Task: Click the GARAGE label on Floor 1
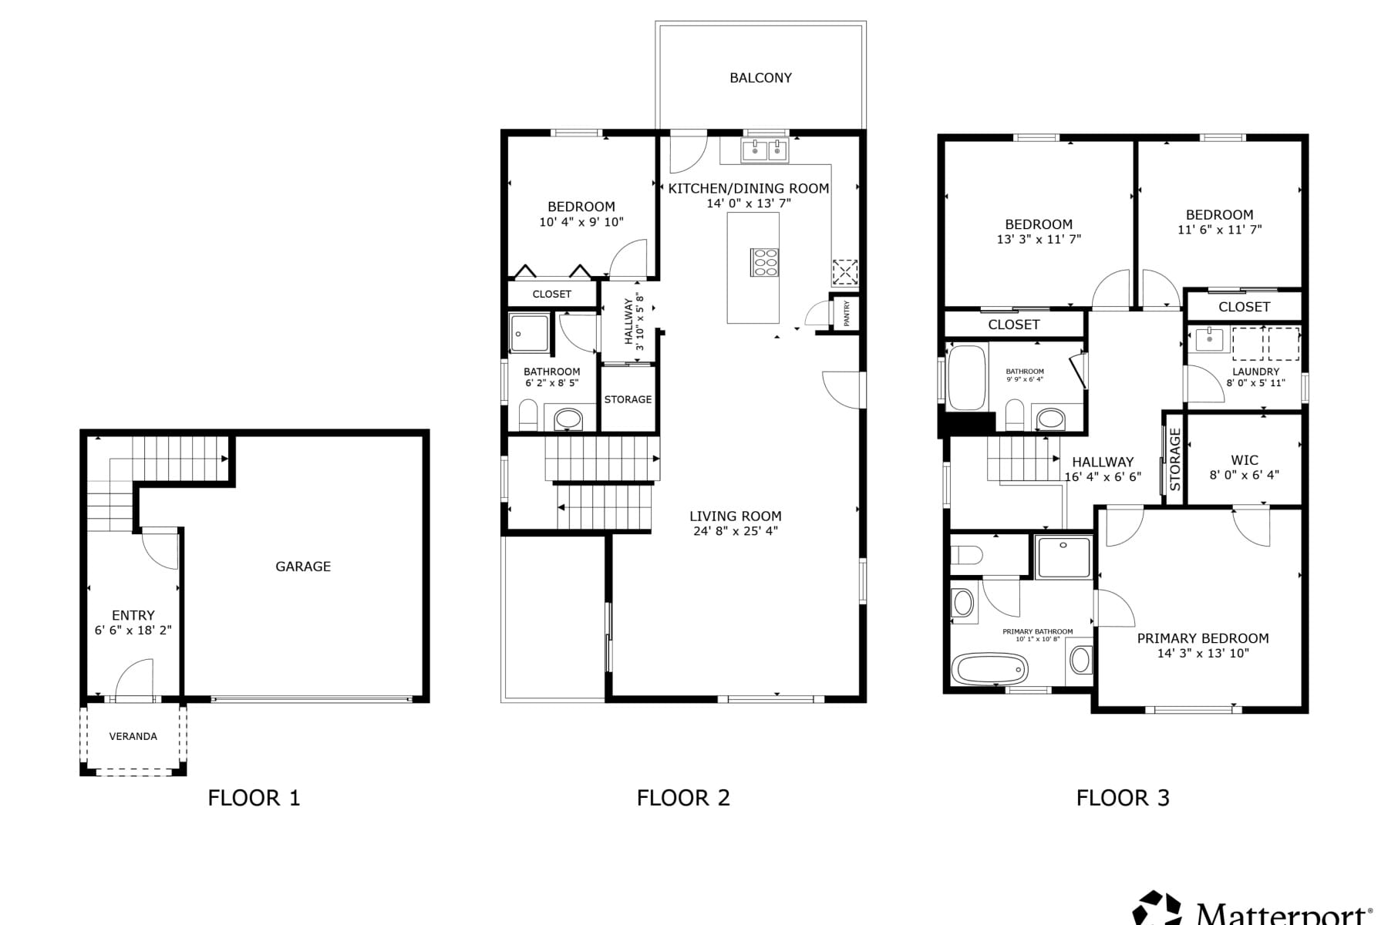303,567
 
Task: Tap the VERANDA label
133,737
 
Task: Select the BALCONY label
761,78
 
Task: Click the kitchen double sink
765,151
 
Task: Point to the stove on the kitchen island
765,262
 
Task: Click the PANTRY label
847,313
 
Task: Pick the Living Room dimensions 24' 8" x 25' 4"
736,531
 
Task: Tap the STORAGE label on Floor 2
628,399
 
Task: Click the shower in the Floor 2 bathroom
530,333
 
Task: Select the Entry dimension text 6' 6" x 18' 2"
133,631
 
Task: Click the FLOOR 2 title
683,798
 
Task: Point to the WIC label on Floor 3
1245,461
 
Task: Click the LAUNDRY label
1256,372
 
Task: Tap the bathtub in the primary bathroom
990,669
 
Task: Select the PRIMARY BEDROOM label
1203,638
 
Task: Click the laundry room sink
1209,340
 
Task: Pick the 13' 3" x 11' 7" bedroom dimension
1039,240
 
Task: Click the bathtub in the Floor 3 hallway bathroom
967,378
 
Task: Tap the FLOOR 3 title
1123,798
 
